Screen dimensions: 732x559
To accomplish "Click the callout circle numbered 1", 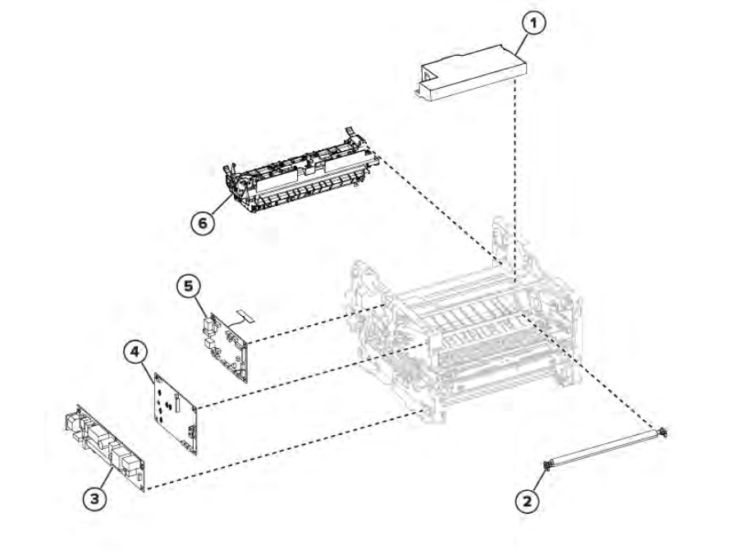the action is pyautogui.click(x=533, y=23).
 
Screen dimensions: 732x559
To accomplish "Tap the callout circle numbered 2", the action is pyautogui.click(x=527, y=502).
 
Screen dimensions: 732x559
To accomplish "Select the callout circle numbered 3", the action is pyautogui.click(x=94, y=498).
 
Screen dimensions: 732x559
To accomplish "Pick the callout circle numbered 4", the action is pyautogui.click(x=135, y=351).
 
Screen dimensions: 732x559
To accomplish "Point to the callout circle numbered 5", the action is pyautogui.click(x=188, y=286).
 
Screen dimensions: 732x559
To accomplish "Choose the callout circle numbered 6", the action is pyautogui.click(x=202, y=222).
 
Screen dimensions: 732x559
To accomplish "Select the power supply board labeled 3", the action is pyautogui.click(x=104, y=447).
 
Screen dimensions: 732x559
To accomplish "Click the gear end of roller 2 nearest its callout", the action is pyautogui.click(x=547, y=465).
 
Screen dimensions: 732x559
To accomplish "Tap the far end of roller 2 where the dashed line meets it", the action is pyautogui.click(x=665, y=432).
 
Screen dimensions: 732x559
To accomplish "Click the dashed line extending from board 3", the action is pyautogui.click(x=286, y=449).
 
